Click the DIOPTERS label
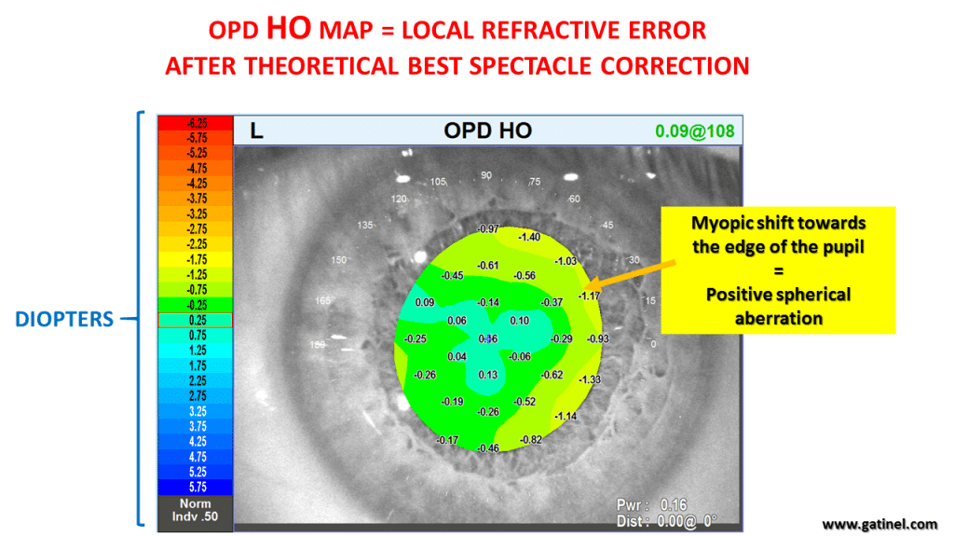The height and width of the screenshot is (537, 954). click(x=64, y=320)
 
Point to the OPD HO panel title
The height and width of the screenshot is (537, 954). click(x=487, y=131)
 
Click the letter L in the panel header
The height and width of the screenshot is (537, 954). click(x=257, y=131)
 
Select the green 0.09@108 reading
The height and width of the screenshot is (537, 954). click(x=695, y=131)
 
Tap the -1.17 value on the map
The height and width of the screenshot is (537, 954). click(x=589, y=296)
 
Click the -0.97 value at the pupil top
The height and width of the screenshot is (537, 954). click(x=487, y=228)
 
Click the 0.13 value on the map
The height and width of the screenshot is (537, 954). click(x=488, y=375)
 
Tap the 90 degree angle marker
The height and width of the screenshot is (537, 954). click(x=486, y=175)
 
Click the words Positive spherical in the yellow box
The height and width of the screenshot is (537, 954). click(x=778, y=295)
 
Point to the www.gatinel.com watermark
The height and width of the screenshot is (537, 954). click(x=879, y=524)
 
